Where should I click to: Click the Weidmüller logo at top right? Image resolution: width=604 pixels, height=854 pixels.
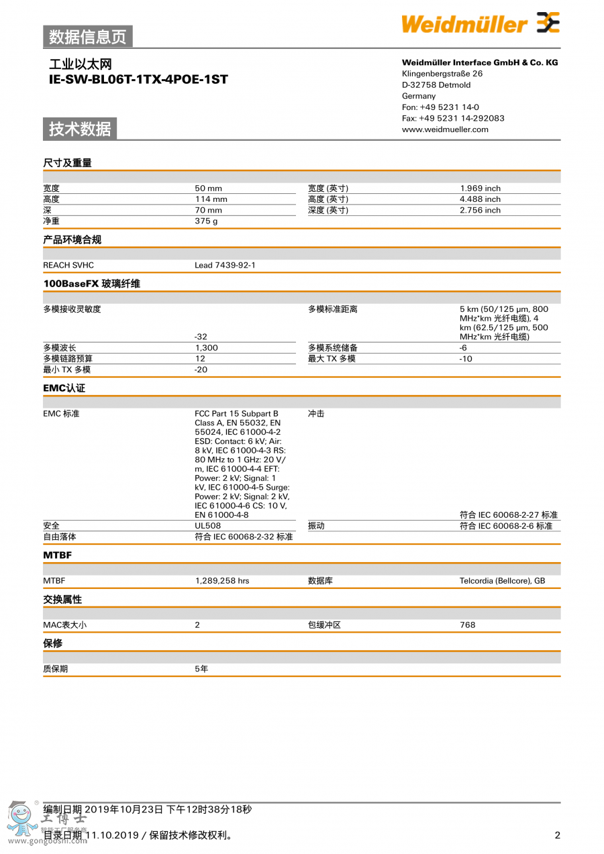pyautogui.click(x=480, y=23)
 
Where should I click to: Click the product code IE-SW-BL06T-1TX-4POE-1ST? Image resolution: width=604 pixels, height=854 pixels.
pyautogui.click(x=138, y=80)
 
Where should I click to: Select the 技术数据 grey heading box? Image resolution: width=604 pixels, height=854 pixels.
pyautogui.click(x=80, y=129)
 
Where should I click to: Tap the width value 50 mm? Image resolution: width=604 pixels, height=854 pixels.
pyautogui.click(x=208, y=189)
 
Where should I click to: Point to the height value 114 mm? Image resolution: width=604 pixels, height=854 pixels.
pyautogui.click(x=211, y=199)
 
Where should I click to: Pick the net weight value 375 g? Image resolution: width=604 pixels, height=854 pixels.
pyautogui.click(x=206, y=221)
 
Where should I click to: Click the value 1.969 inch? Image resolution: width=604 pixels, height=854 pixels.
pyautogui.click(x=480, y=189)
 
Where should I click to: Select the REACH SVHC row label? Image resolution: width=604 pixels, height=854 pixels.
pyautogui.click(x=68, y=265)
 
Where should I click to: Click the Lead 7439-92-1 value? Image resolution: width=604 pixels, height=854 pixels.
pyautogui.click(x=225, y=265)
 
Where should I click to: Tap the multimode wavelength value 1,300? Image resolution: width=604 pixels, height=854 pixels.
pyautogui.click(x=206, y=348)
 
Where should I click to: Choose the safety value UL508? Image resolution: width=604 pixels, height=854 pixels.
pyautogui.click(x=207, y=526)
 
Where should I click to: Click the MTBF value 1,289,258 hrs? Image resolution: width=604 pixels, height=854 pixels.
pyautogui.click(x=221, y=580)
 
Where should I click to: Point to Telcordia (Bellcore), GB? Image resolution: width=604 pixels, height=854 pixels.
pyautogui.click(x=502, y=580)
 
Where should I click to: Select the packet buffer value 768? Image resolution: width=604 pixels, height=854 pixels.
pyautogui.click(x=467, y=625)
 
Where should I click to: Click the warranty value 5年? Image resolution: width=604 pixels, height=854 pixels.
pyautogui.click(x=201, y=669)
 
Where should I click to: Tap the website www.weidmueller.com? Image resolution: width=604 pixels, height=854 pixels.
pyautogui.click(x=445, y=129)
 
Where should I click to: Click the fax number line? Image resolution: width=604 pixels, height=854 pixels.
pyautogui.click(x=453, y=118)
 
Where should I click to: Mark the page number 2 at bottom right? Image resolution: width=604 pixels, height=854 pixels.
pyautogui.click(x=557, y=835)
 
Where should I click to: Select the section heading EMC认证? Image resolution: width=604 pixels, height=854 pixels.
pyautogui.click(x=64, y=388)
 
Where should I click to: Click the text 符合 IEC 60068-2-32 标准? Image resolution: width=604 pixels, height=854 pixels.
pyautogui.click(x=244, y=537)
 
